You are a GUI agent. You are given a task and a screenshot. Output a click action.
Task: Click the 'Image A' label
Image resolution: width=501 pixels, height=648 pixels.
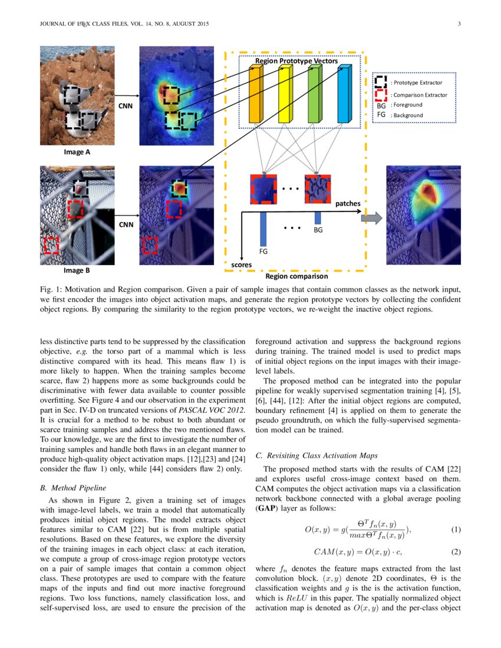[77, 152]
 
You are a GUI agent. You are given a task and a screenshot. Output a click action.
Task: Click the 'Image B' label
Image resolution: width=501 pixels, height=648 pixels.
[77, 272]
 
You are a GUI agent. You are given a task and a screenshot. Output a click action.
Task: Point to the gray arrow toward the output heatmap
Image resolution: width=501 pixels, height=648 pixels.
[371, 219]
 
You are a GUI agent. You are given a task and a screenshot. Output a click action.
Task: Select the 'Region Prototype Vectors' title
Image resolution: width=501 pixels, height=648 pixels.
[296, 61]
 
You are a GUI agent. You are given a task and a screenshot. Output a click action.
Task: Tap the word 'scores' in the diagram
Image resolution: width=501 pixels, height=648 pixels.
[241, 265]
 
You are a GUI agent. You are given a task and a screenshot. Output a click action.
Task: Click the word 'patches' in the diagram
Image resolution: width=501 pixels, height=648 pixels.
[348, 204]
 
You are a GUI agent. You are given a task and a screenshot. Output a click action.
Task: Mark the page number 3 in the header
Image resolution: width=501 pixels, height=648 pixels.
[459, 24]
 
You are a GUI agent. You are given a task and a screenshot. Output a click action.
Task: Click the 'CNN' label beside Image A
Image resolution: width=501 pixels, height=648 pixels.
[126, 105]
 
